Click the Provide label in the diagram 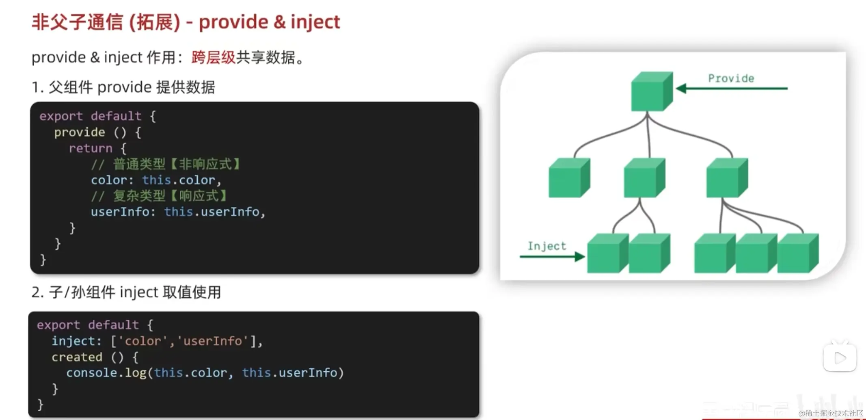click(731, 78)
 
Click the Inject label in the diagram click(546, 246)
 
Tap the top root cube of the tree click(651, 91)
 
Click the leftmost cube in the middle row click(569, 178)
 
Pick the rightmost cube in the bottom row click(797, 253)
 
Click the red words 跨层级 click(213, 58)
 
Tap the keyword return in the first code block click(90, 148)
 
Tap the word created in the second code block click(77, 357)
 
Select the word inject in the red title click(315, 22)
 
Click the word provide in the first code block click(80, 132)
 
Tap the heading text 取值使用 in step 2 click(192, 292)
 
